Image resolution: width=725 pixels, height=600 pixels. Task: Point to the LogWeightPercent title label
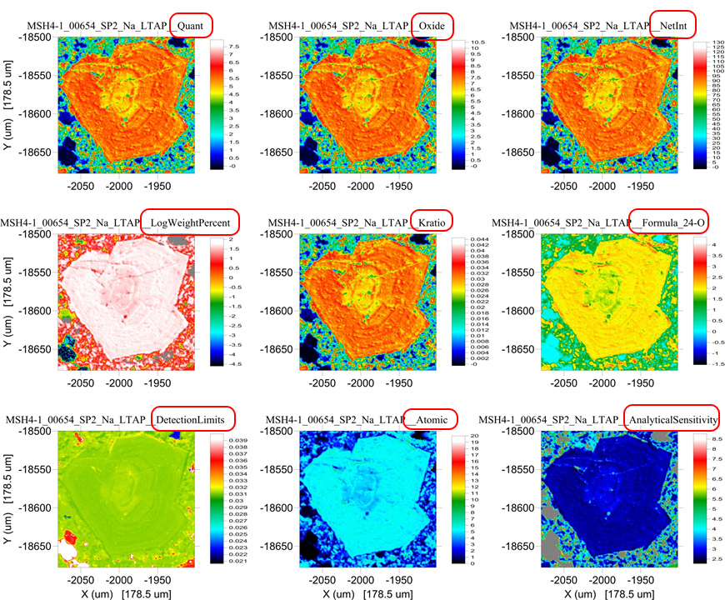(x=191, y=222)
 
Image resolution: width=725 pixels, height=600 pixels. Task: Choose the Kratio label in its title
(x=432, y=222)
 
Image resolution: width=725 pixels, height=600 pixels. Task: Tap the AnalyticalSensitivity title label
(x=672, y=418)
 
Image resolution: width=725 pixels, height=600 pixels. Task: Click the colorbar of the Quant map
(x=214, y=104)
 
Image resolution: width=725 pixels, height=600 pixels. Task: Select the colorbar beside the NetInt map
(x=697, y=104)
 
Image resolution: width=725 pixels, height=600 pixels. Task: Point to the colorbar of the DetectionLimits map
(x=214, y=498)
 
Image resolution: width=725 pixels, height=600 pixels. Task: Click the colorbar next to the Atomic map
(x=457, y=498)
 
